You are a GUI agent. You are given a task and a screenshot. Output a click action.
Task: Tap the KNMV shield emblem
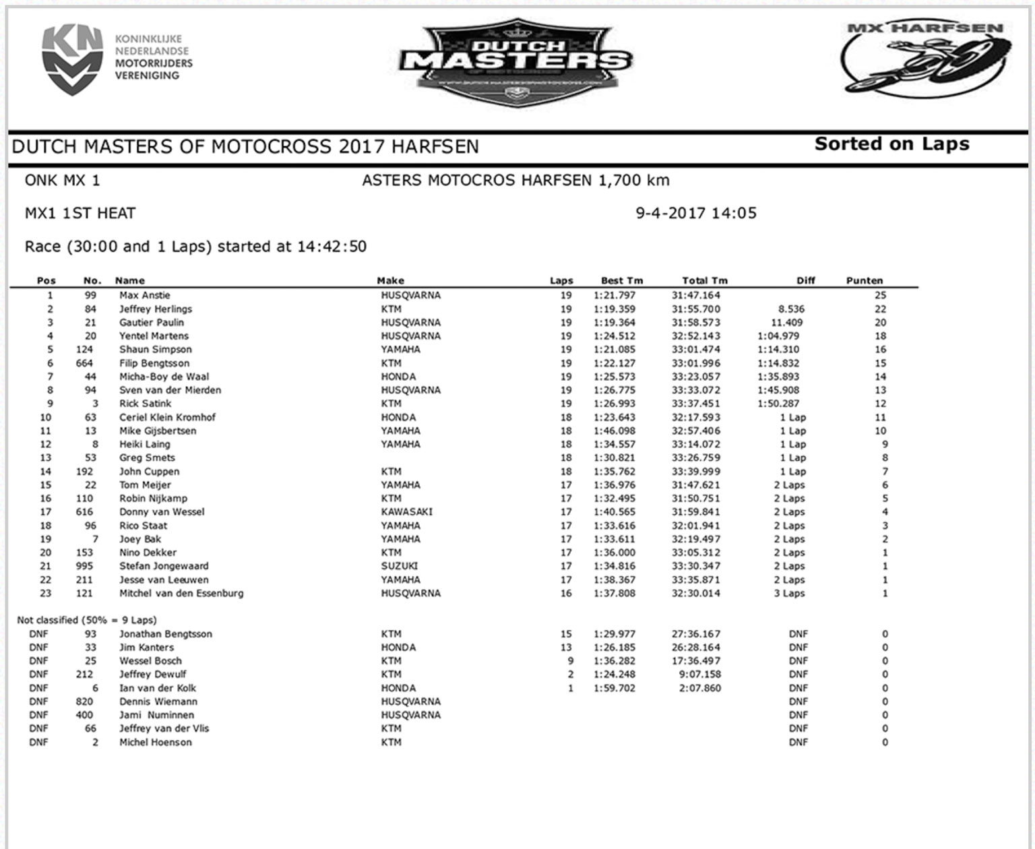[x=72, y=60]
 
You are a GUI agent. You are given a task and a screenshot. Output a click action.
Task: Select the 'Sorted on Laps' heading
[x=891, y=144]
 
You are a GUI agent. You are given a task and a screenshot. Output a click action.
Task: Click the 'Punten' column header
[x=864, y=280]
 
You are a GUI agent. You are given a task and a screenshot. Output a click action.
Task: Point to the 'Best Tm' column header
[x=621, y=280]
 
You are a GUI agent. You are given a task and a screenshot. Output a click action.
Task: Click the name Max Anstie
[x=145, y=295]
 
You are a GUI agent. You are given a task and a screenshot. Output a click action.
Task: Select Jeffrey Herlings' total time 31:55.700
[x=695, y=309]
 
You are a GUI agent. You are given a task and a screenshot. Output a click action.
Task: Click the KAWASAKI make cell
[x=406, y=512]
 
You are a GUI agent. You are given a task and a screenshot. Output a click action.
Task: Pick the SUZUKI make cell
[x=399, y=566]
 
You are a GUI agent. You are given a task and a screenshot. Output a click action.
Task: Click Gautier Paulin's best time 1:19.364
[x=614, y=323]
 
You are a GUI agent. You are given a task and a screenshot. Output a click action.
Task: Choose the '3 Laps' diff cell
[x=789, y=594]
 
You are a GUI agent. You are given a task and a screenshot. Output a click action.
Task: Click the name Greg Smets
[x=147, y=458]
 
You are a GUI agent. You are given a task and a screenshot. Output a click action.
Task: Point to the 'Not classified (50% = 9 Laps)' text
[x=87, y=620]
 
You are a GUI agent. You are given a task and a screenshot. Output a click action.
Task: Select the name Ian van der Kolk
[x=158, y=688]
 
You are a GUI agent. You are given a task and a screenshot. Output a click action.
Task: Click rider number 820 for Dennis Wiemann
[x=84, y=701]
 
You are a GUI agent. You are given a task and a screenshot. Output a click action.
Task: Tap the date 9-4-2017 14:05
[x=696, y=214]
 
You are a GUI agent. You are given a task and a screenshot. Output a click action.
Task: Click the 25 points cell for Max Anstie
[x=880, y=295]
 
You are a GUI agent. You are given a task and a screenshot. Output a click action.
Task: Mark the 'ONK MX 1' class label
[x=62, y=181]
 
